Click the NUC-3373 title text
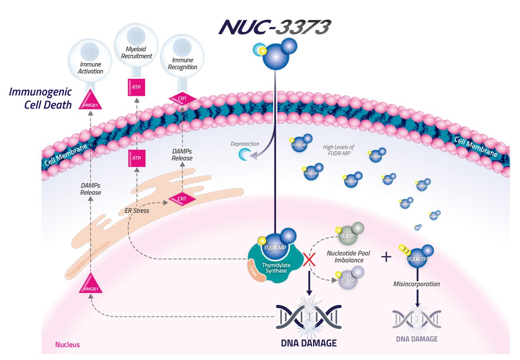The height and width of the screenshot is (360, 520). point(274,27)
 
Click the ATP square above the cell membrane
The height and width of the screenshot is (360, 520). point(136,88)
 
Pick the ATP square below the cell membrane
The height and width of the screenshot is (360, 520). point(136,159)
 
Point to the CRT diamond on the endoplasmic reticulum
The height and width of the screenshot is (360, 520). point(182,199)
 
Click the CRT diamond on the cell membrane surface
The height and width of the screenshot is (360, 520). point(182,98)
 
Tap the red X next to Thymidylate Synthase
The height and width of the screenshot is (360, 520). point(308,260)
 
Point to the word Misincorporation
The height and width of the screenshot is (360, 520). point(417,284)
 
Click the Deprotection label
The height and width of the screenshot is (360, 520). point(245,144)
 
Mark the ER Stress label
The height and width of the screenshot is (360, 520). point(137,211)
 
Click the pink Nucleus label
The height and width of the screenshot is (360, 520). point(67,344)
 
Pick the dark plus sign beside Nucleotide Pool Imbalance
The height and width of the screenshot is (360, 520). point(386,257)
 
